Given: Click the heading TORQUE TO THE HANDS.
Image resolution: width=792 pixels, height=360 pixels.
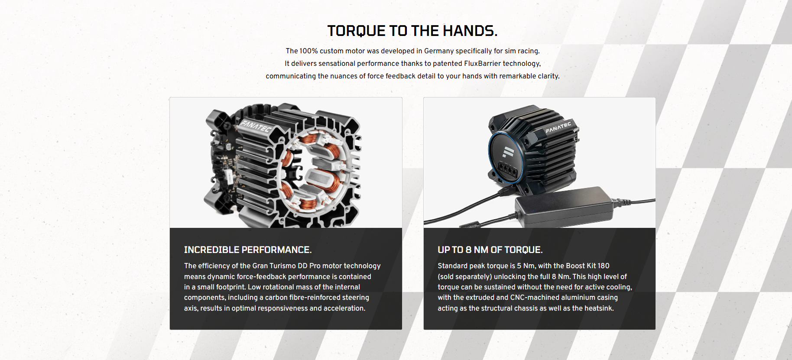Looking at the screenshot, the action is tap(412, 31).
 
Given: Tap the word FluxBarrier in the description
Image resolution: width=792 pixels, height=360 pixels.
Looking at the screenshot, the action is tap(482, 63).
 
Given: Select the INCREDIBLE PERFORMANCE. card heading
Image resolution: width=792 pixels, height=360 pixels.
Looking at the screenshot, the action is tap(247, 250).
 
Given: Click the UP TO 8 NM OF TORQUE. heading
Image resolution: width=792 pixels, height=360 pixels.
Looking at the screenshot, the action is tap(490, 250).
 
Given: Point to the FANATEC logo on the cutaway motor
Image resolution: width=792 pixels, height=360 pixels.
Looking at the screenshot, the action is tap(256, 126).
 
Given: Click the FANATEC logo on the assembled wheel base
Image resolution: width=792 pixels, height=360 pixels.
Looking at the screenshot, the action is tap(558, 127).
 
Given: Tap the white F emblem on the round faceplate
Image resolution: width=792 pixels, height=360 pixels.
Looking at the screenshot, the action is tap(508, 152).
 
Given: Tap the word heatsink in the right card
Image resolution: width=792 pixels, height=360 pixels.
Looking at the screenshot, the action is tap(598, 308).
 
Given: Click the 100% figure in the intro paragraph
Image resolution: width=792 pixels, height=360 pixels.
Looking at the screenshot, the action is tap(308, 51).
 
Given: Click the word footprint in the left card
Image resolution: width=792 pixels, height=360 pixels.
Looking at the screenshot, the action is tap(230, 287).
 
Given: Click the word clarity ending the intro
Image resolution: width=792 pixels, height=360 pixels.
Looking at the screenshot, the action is tap(548, 76).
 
